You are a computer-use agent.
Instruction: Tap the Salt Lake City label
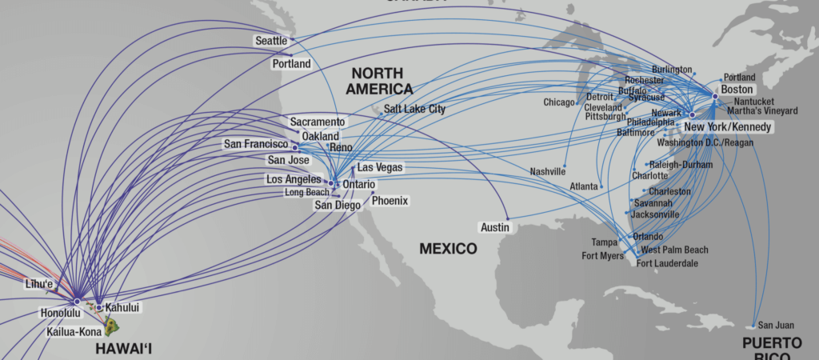[414, 109]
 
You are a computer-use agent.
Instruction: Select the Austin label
[494, 227]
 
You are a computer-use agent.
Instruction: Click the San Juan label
[777, 325]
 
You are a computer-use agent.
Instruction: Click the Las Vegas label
[380, 168]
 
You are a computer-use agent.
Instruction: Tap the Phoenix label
[390, 201]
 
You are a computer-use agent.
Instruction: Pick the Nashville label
[547, 171]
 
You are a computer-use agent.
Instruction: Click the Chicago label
[559, 102]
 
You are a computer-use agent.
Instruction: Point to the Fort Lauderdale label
[666, 263]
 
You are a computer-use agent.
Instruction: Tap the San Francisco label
[255, 144]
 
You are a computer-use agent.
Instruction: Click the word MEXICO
[448, 249]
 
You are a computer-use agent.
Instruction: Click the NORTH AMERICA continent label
[379, 81]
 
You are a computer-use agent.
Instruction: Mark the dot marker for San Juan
[753, 326]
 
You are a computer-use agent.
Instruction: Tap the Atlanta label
[584, 186]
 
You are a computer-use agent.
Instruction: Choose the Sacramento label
[318, 122]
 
